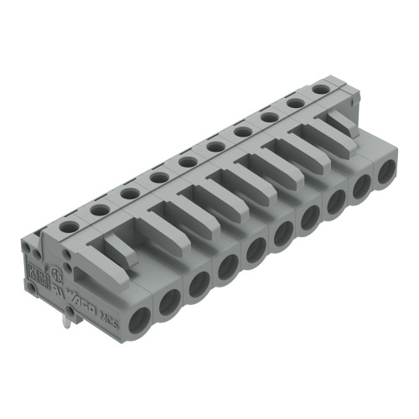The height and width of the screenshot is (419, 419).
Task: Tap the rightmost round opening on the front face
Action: click(x=385, y=172)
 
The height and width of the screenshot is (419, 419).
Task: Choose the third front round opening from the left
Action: click(x=199, y=283)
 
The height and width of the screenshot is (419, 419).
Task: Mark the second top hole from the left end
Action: click(x=99, y=209)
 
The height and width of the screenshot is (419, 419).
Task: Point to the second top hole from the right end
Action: click(x=294, y=102)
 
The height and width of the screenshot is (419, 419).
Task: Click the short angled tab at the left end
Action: click(x=120, y=251)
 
